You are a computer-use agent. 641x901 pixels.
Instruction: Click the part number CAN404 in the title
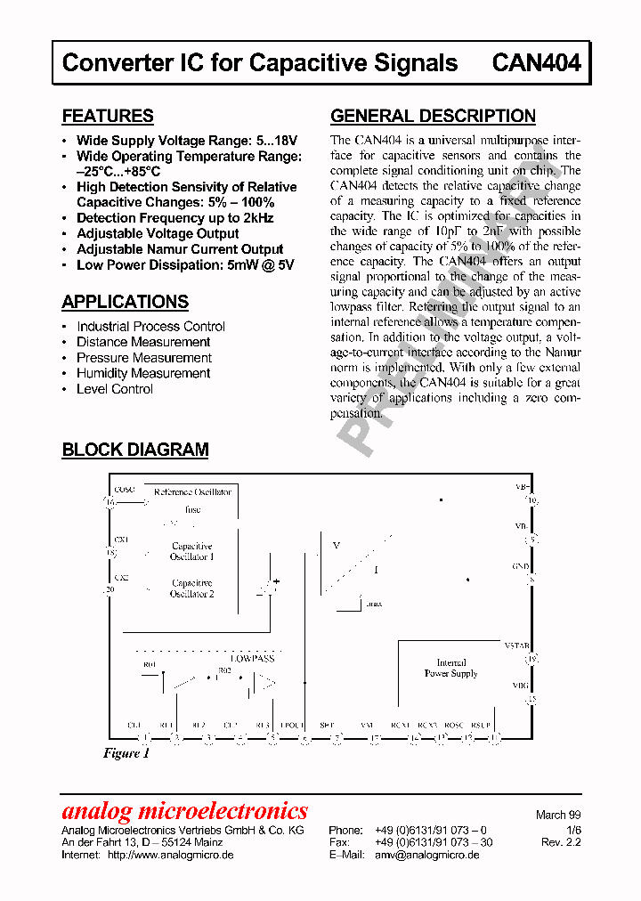[536, 63]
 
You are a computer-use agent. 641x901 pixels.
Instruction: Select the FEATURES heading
[108, 116]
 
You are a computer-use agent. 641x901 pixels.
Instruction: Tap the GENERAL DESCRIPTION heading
[433, 116]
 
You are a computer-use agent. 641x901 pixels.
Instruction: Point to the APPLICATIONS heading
[126, 302]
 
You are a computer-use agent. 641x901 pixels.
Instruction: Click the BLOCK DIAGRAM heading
[135, 450]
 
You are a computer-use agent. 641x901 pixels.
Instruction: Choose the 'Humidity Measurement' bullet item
[143, 373]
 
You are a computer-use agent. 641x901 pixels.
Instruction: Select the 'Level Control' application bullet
[115, 389]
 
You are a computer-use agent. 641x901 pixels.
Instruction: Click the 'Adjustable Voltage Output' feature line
[158, 233]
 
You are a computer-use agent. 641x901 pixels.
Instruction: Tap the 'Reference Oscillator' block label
[192, 491]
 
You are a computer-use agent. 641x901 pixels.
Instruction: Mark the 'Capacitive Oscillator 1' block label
[192, 551]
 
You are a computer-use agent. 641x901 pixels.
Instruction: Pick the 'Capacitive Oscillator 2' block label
[192, 588]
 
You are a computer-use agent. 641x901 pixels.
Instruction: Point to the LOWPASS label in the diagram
[252, 658]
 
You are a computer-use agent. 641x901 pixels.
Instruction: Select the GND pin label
[521, 566]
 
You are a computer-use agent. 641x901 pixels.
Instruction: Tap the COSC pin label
[124, 490]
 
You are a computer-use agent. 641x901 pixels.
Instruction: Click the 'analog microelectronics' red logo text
[184, 811]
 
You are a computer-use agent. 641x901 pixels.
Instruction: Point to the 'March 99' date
[557, 815]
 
